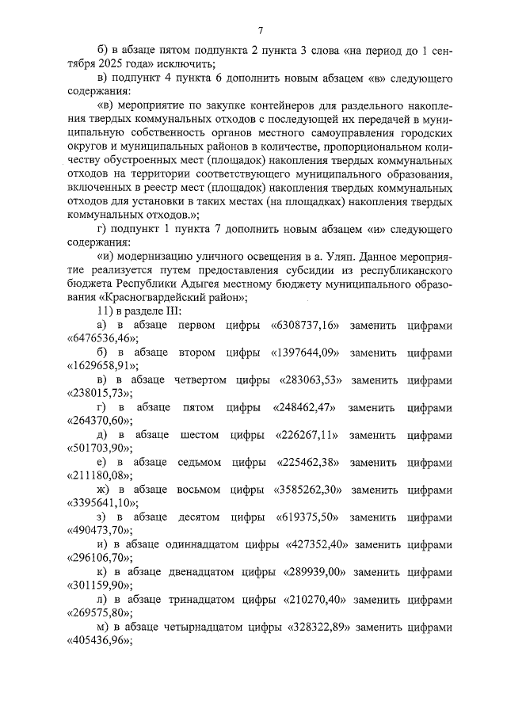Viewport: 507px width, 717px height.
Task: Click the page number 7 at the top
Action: coord(260,31)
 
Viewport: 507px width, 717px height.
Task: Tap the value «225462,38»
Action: coord(307,462)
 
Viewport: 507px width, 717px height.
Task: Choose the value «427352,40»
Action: coord(317,543)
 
